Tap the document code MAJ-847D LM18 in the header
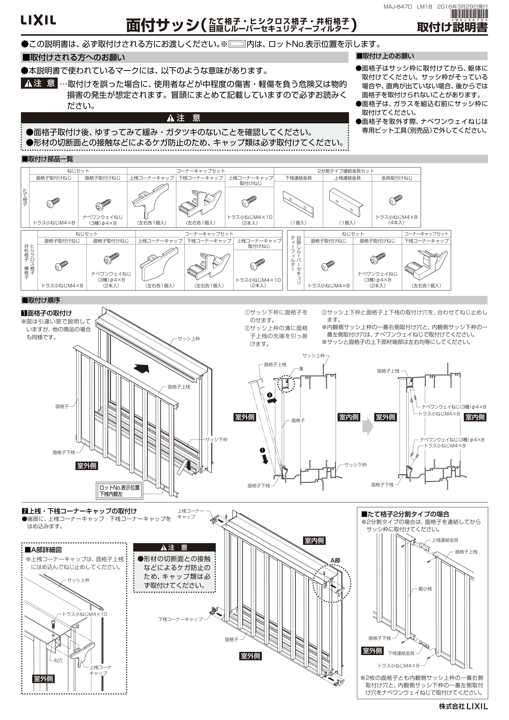point(408,7)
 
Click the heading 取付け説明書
point(452,28)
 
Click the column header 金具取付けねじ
point(396,178)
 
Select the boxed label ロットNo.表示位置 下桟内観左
point(120,491)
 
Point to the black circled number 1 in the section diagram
point(263,451)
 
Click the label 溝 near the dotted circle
point(301,369)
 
